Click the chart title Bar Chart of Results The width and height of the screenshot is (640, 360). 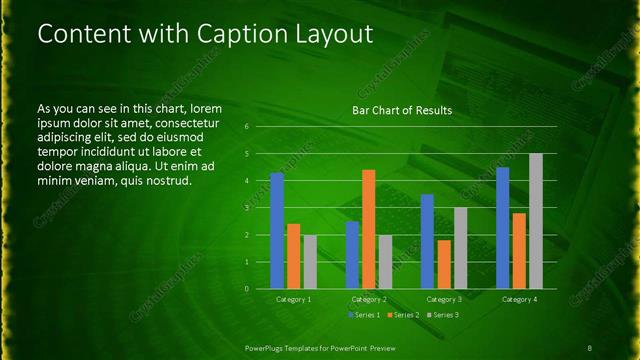click(x=402, y=110)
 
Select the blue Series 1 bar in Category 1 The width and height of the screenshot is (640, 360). click(x=277, y=231)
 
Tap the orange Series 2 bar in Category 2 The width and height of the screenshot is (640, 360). click(x=368, y=229)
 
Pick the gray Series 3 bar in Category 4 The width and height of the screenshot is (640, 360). click(x=535, y=221)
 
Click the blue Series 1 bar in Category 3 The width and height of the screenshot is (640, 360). click(x=427, y=241)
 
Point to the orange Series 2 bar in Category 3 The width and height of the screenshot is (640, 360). click(x=443, y=264)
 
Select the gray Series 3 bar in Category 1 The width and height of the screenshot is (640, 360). click(x=310, y=262)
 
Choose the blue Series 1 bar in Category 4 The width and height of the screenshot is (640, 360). click(x=502, y=228)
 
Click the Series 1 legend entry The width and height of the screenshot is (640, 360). click(x=364, y=315)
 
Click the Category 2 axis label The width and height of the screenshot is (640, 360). click(x=369, y=299)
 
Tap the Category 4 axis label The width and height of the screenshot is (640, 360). click(x=518, y=299)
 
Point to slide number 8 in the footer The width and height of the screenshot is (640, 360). click(x=589, y=347)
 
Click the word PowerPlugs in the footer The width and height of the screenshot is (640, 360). click(x=268, y=347)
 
